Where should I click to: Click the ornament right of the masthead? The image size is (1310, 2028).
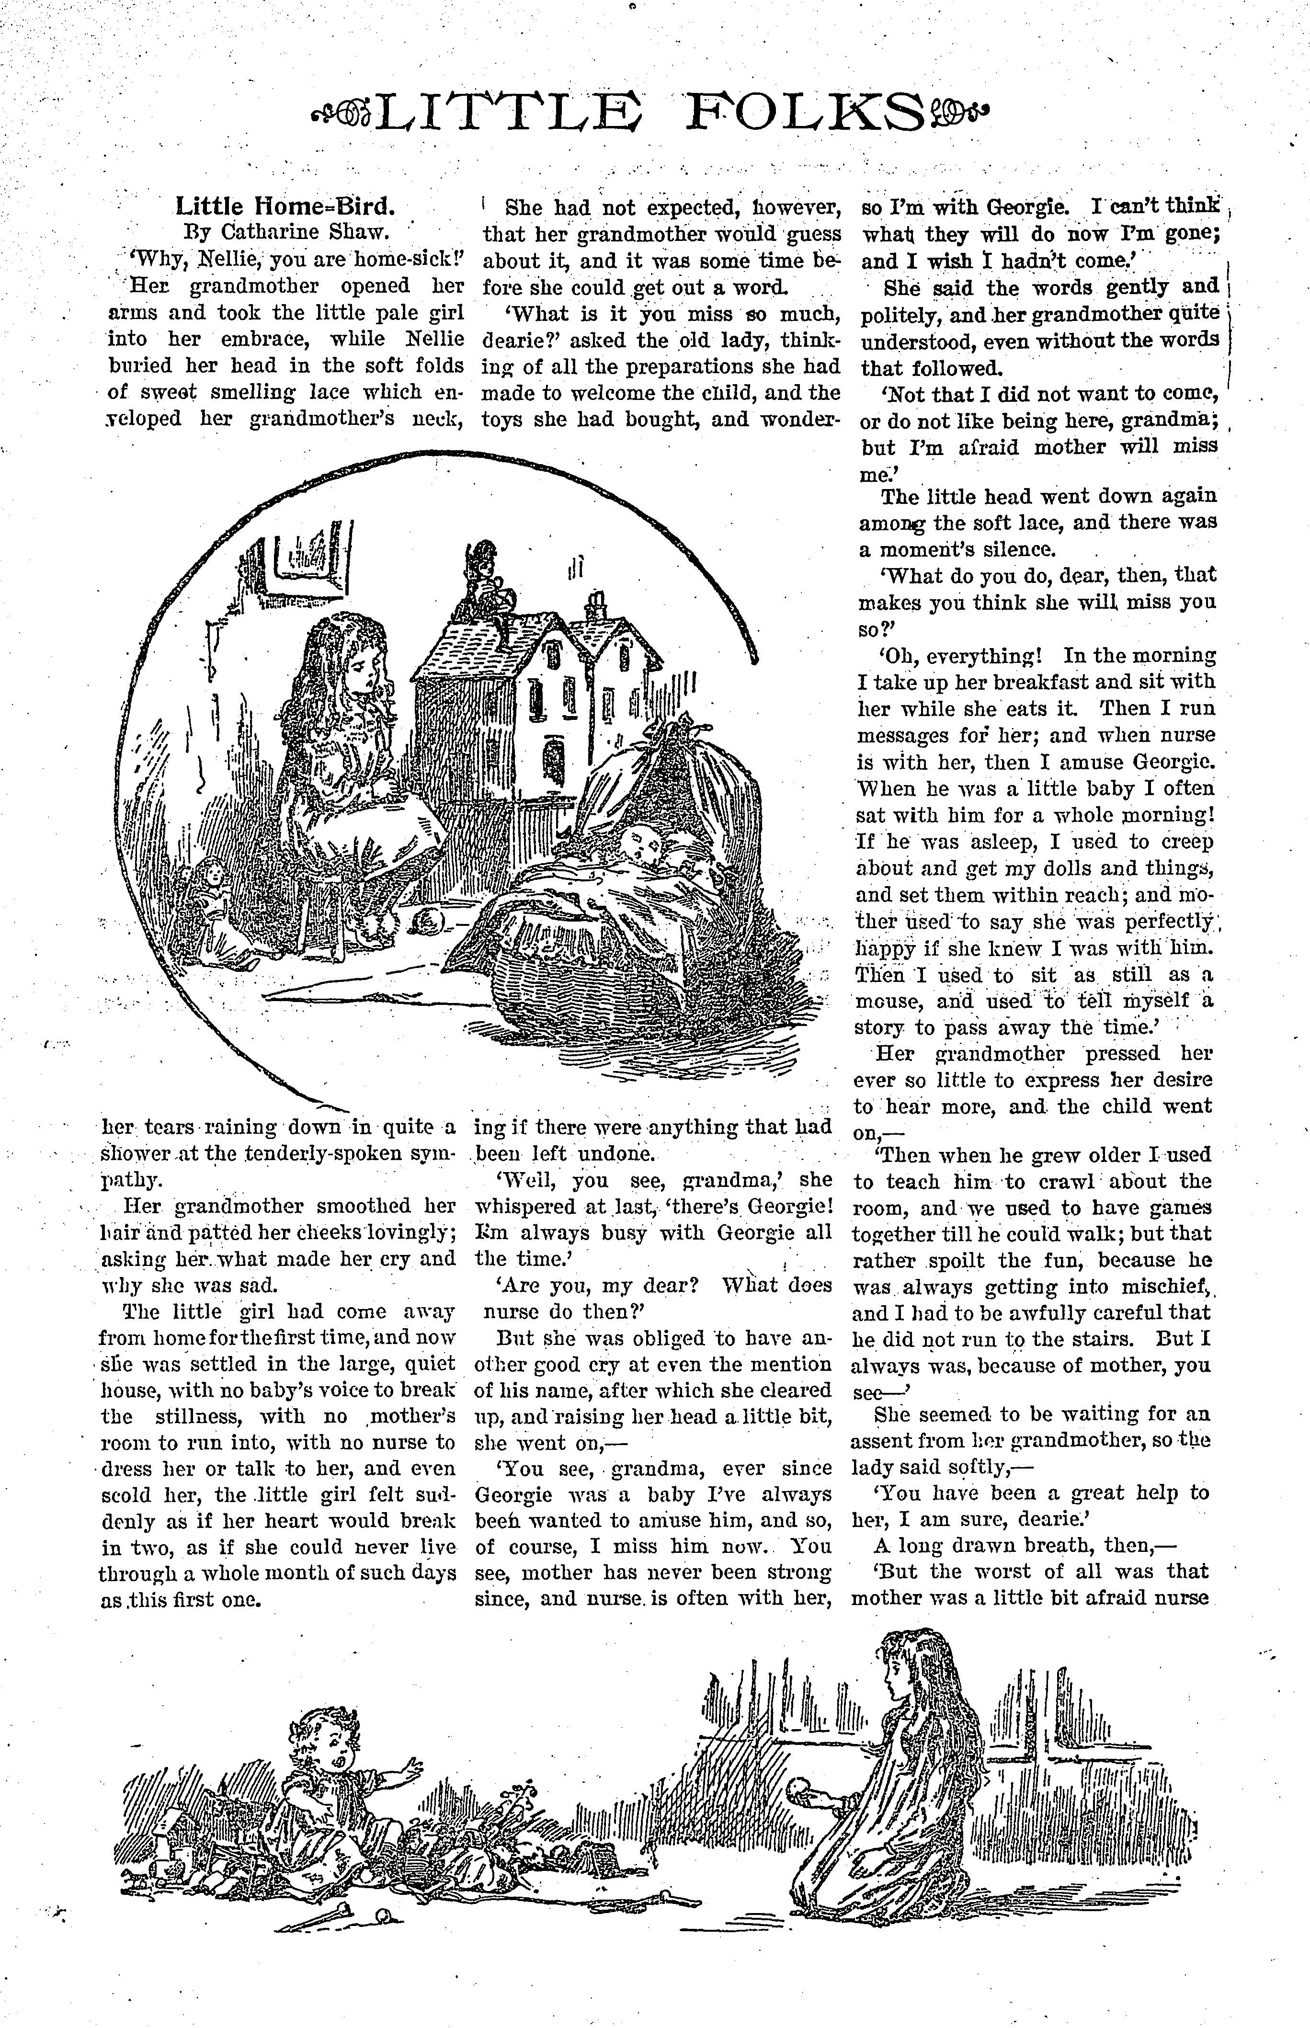tap(961, 112)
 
